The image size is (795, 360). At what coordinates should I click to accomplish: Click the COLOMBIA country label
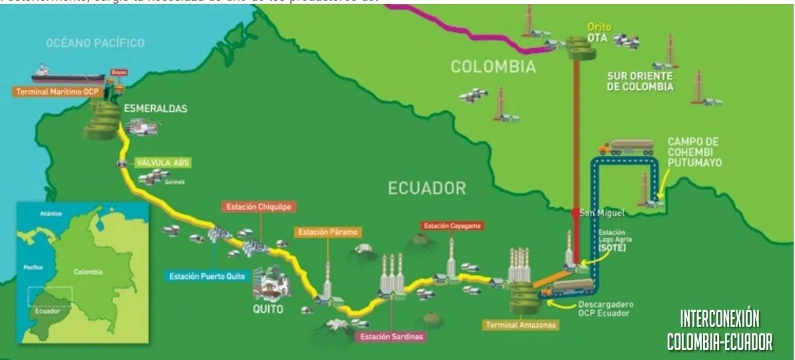click(x=493, y=67)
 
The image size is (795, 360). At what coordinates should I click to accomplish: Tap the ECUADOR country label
click(x=427, y=188)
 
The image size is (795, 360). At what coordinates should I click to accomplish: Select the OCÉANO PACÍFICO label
click(x=95, y=43)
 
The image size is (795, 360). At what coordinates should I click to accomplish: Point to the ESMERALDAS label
click(x=155, y=108)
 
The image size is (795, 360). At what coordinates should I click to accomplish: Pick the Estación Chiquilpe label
click(x=250, y=207)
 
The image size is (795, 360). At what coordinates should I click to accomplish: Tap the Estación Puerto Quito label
click(x=207, y=275)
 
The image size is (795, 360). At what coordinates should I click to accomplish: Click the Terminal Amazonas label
click(x=520, y=325)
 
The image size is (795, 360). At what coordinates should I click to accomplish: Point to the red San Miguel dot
click(x=575, y=212)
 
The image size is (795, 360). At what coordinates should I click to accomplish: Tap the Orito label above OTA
click(x=599, y=27)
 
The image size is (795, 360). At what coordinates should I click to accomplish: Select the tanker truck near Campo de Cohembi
click(x=627, y=146)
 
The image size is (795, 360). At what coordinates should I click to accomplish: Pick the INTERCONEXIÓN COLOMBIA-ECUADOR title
click(x=720, y=329)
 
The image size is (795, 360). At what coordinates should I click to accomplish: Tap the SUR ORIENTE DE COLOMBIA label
click(x=640, y=81)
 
